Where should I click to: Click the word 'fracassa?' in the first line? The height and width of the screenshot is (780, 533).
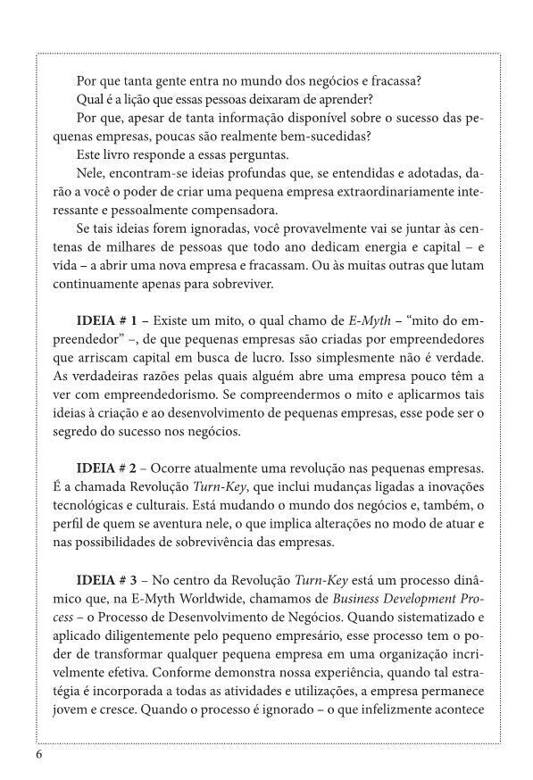coord(393,80)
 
